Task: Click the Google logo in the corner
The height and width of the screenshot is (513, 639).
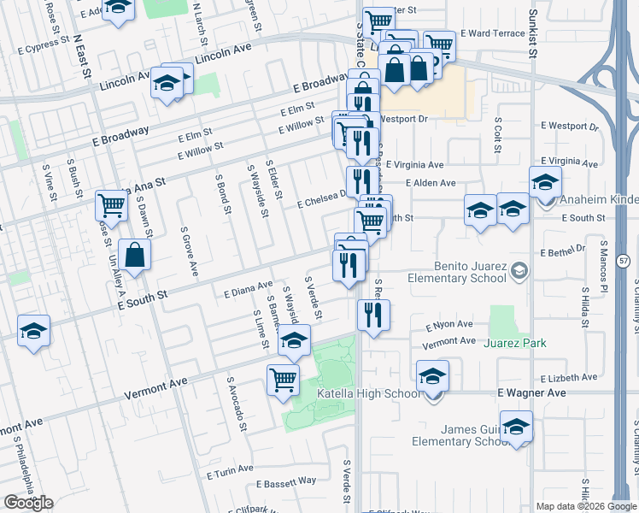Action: [x=29, y=502]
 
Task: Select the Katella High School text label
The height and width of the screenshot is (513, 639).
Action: [x=368, y=393]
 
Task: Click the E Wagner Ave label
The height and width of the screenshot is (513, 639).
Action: [x=531, y=392]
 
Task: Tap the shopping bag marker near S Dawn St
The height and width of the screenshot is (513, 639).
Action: [x=135, y=253]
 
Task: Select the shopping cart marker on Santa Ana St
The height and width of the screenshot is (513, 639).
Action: [x=111, y=204]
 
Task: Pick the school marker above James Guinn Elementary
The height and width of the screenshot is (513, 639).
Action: [x=516, y=426]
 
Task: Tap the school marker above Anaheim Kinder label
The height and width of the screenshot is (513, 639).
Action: [x=545, y=181]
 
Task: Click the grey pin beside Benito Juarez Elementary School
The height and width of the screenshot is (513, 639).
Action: [x=518, y=272]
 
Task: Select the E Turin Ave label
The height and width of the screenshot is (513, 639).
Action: [x=230, y=469]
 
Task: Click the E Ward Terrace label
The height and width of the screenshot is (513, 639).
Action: [x=492, y=33]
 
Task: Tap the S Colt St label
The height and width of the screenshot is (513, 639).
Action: [x=497, y=136]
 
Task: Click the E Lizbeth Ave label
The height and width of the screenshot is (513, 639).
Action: [x=569, y=377]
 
